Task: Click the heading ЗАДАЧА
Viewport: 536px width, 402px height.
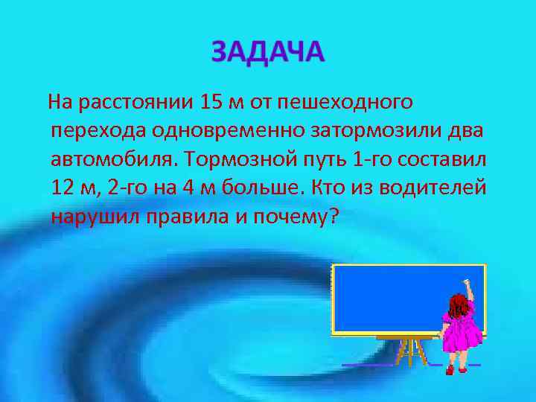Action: click(x=268, y=52)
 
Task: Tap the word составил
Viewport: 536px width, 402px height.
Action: click(x=443, y=159)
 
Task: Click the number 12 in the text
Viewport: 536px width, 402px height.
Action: click(x=63, y=188)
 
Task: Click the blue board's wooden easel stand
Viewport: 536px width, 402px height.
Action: click(x=408, y=350)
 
